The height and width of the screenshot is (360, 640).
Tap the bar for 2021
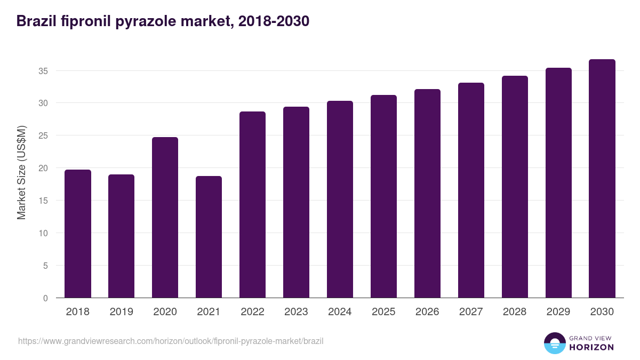point(209,237)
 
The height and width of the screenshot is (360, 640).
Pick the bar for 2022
point(253,205)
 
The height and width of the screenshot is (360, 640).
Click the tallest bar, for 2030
point(603,179)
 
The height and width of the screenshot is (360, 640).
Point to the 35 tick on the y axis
point(46,71)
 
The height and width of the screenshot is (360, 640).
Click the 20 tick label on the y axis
point(46,168)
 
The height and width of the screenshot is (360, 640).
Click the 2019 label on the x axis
point(122,312)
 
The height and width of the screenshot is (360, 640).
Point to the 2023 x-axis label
point(297,312)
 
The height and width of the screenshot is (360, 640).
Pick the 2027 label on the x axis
point(471,312)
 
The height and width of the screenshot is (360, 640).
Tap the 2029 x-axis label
point(559,312)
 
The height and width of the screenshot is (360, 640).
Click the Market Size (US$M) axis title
point(22,172)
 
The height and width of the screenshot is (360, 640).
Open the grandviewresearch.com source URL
point(171,341)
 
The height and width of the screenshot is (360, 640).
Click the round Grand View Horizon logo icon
point(554,343)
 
